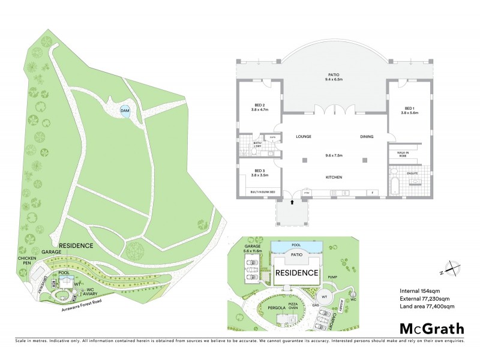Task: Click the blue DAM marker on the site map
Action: click(125, 111)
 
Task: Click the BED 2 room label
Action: click(260, 106)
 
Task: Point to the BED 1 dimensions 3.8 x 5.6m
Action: click(410, 112)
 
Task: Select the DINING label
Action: click(367, 137)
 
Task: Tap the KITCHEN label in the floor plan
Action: click(335, 177)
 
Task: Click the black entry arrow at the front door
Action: click(293, 203)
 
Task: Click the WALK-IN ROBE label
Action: click(403, 155)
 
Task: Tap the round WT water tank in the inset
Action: click(323, 297)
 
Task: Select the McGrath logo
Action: click(432, 328)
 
